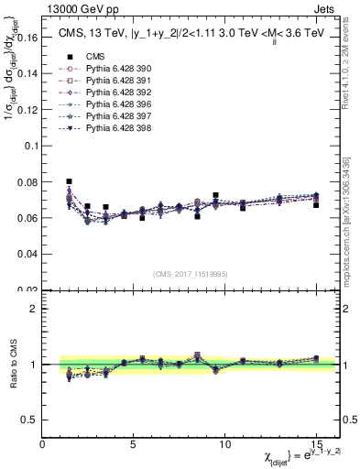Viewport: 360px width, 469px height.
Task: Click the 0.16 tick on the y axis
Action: pos(27,38)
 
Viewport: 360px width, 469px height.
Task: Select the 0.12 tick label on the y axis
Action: pos(27,111)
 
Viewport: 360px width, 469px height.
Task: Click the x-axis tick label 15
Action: pos(316,444)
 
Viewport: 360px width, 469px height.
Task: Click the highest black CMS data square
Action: pos(70,181)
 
